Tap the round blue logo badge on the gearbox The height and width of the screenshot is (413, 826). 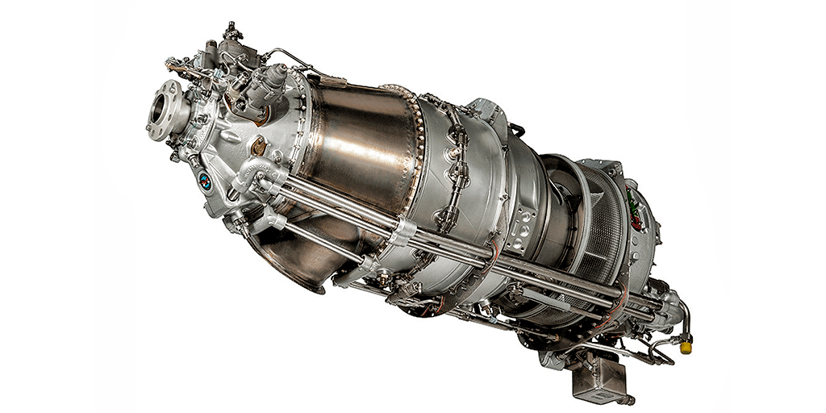[205, 181]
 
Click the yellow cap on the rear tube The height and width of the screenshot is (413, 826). [686, 347]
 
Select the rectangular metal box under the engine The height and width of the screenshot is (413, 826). [598, 375]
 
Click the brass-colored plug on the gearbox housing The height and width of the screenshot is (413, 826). [258, 148]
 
